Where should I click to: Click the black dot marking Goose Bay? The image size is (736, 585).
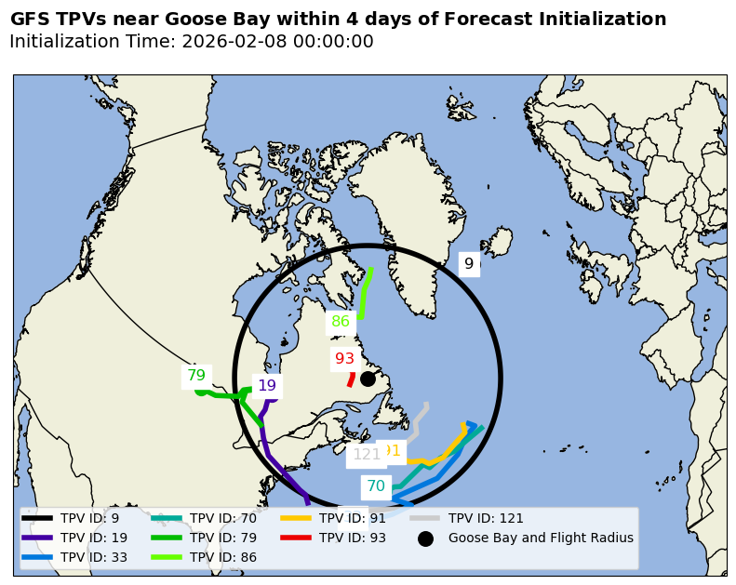click(368, 379)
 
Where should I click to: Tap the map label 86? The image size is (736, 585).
click(341, 322)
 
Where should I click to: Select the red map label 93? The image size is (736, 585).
click(344, 358)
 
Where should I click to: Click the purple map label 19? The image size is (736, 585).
click(267, 385)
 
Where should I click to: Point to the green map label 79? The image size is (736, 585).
click(195, 376)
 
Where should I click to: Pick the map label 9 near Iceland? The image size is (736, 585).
click(469, 263)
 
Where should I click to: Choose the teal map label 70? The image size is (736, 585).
click(375, 485)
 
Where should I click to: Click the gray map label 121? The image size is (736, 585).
click(366, 455)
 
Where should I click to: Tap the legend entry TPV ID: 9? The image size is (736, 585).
click(89, 518)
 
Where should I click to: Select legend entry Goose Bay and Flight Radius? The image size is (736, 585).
click(541, 538)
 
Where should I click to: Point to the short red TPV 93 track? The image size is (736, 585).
click(351, 379)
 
